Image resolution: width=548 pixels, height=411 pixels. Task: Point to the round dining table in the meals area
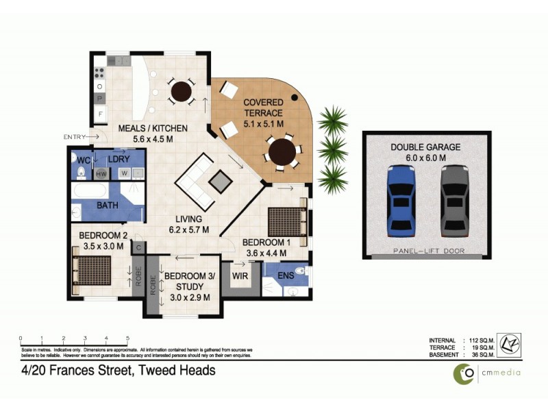tap(182, 90)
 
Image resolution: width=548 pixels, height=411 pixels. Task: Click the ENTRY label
tap(74, 137)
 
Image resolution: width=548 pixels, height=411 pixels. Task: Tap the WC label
tap(83, 160)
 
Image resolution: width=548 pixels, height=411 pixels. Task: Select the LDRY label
tap(119, 159)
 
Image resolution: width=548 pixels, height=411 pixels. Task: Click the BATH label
tap(107, 205)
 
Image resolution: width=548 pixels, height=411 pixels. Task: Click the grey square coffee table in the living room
tap(220, 181)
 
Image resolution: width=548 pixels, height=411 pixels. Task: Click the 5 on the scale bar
tap(127, 338)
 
